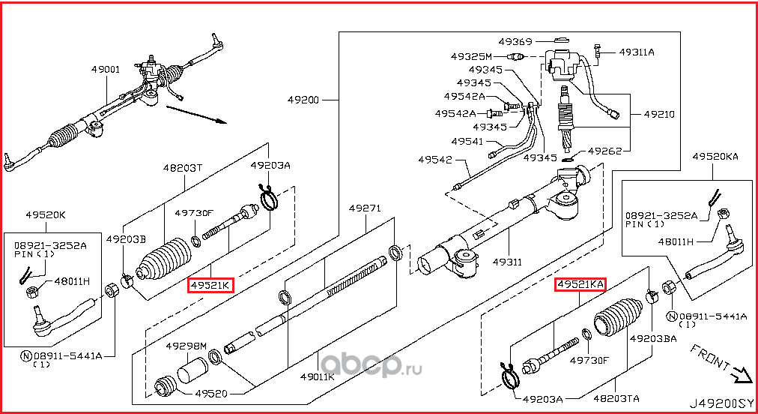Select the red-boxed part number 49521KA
(580, 284)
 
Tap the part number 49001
(106, 69)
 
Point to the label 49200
(304, 99)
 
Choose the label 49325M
(471, 56)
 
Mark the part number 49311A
(637, 52)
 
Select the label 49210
(659, 114)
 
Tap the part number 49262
(605, 151)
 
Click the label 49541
(467, 141)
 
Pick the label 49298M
(186, 346)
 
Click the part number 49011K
(318, 376)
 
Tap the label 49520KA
(715, 156)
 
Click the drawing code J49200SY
(721, 402)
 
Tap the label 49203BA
(652, 338)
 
